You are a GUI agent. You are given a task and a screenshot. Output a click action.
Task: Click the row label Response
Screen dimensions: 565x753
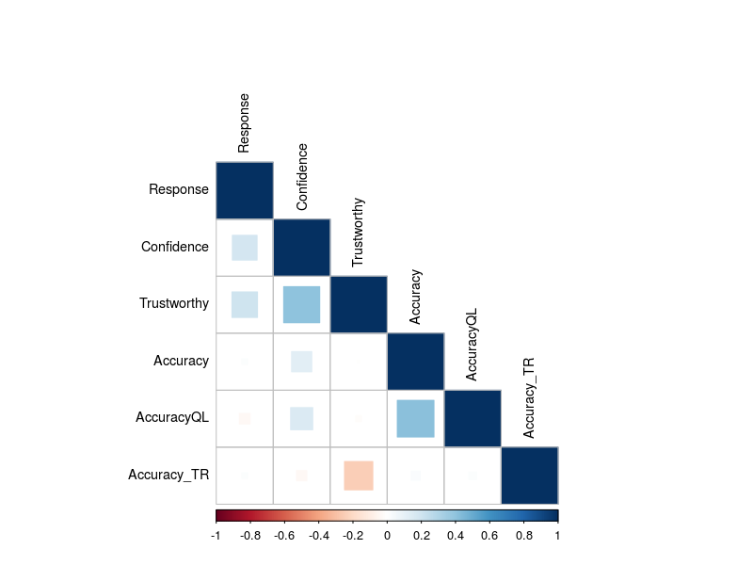pos(179,189)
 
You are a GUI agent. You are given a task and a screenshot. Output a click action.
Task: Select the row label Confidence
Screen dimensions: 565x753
pos(175,247)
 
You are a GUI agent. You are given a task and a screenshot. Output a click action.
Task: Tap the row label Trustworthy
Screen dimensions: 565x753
pos(174,303)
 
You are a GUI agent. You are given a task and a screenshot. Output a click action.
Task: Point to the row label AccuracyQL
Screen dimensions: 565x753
pos(171,417)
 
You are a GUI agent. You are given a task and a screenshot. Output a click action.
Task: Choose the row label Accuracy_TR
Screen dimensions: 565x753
pos(168,475)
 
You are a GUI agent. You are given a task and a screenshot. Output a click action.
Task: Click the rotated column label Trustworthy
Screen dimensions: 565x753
pos(358,233)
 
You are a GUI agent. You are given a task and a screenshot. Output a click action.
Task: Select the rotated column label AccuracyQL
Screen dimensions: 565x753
pos(472,344)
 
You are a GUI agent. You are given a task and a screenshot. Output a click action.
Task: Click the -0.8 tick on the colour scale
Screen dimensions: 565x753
pos(250,535)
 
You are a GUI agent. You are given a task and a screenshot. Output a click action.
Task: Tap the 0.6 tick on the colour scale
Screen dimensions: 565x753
pos(489,535)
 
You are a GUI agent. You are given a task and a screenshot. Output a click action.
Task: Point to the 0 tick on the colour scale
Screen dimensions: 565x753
pos(387,535)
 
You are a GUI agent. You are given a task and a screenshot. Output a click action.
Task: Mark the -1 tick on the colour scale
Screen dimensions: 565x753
pos(216,535)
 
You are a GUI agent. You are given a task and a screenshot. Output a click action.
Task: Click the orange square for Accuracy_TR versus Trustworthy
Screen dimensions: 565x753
pos(359,476)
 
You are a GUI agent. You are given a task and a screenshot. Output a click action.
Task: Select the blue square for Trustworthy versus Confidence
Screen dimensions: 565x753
pos(301,304)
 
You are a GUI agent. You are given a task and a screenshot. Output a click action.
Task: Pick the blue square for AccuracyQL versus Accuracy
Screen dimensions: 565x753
pos(415,418)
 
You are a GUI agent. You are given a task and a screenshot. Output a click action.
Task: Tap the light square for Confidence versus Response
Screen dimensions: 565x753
pos(245,247)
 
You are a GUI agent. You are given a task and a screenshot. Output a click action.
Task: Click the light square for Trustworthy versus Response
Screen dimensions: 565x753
pos(245,304)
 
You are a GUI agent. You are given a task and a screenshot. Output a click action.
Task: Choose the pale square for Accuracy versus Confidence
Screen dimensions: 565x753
pos(301,362)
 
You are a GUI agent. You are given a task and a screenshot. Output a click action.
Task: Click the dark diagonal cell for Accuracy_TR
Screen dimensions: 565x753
pos(530,476)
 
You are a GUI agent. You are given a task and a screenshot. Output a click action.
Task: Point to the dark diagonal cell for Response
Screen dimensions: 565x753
pos(245,190)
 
